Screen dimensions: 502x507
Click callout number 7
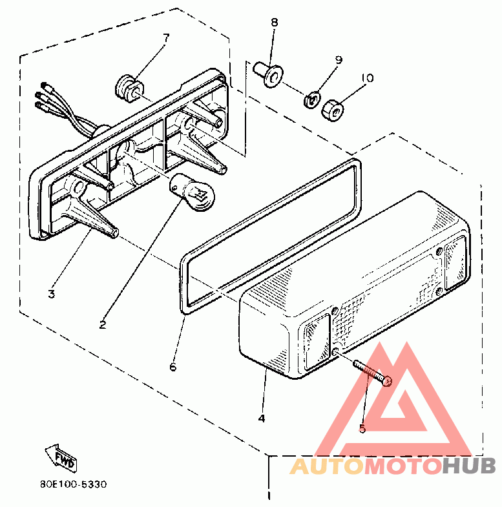[165, 38]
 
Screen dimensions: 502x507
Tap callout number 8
[275, 23]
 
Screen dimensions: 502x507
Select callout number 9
[339, 60]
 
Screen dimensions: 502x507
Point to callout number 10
[368, 78]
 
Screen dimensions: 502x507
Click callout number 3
[52, 295]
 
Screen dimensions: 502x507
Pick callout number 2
[103, 325]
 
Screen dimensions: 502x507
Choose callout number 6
[173, 367]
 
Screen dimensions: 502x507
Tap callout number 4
[262, 418]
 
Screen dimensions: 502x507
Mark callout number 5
[362, 428]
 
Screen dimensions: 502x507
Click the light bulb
[194, 192]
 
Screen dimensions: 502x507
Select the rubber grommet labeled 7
[129, 88]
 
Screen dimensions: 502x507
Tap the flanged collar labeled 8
[268, 74]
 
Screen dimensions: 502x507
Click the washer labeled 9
[311, 99]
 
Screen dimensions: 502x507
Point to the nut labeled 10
[333, 110]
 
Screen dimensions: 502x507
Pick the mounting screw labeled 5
[373, 373]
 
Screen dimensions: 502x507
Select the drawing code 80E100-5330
[74, 484]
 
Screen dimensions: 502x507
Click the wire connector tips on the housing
[44, 96]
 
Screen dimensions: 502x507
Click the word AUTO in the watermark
[326, 466]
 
